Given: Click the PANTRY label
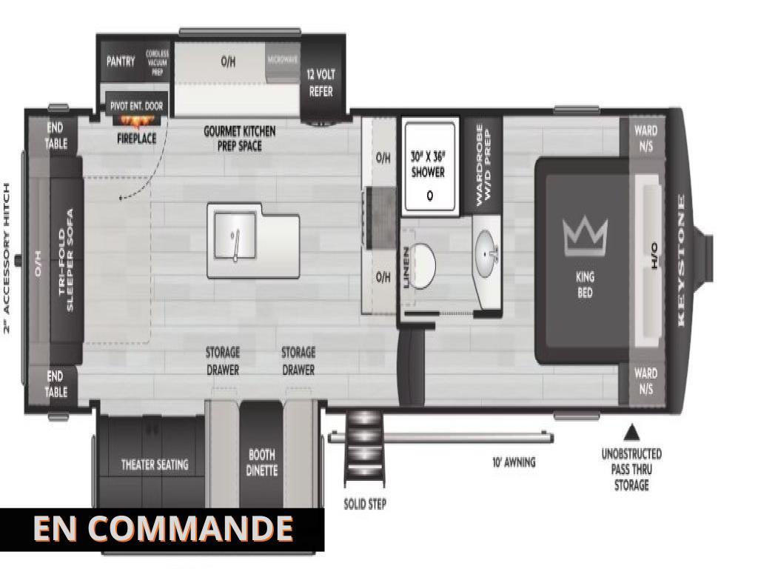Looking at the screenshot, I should point(121,61).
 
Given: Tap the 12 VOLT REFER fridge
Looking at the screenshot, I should point(321,83).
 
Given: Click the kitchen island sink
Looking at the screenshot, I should point(235,237).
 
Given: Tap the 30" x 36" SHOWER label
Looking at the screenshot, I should point(428,164).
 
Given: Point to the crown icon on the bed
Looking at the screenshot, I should point(585,236).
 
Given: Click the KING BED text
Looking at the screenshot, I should point(585,285).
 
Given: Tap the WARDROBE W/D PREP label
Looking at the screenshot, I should point(483,163).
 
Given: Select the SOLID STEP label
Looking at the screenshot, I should point(365,505).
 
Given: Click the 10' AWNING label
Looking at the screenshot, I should point(514,462).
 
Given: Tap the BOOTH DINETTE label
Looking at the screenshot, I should point(261,463).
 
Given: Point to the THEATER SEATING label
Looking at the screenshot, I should point(155,465).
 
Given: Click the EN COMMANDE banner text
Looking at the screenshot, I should point(163,528).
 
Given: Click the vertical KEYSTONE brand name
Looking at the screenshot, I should point(681,259).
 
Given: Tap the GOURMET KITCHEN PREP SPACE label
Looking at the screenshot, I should point(240,139).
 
